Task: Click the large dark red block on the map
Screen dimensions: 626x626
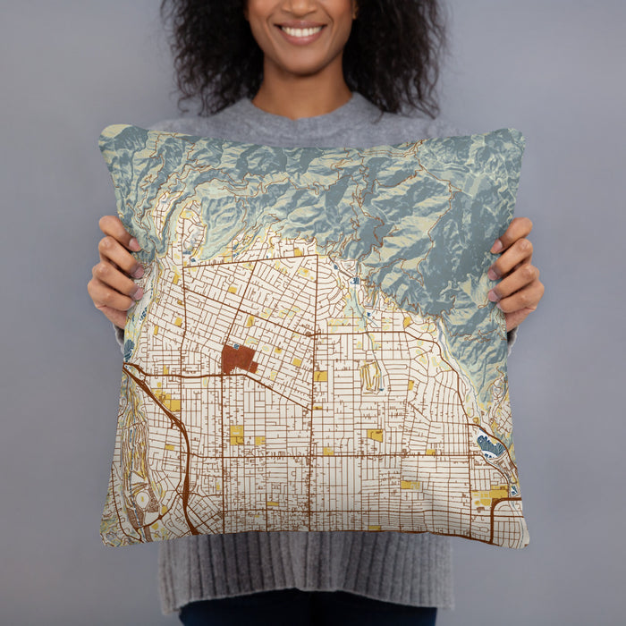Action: [237, 359]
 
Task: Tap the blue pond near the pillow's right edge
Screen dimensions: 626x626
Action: [489, 444]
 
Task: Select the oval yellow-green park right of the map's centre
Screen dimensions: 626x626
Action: [370, 376]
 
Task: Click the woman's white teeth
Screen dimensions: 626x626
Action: [302, 32]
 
